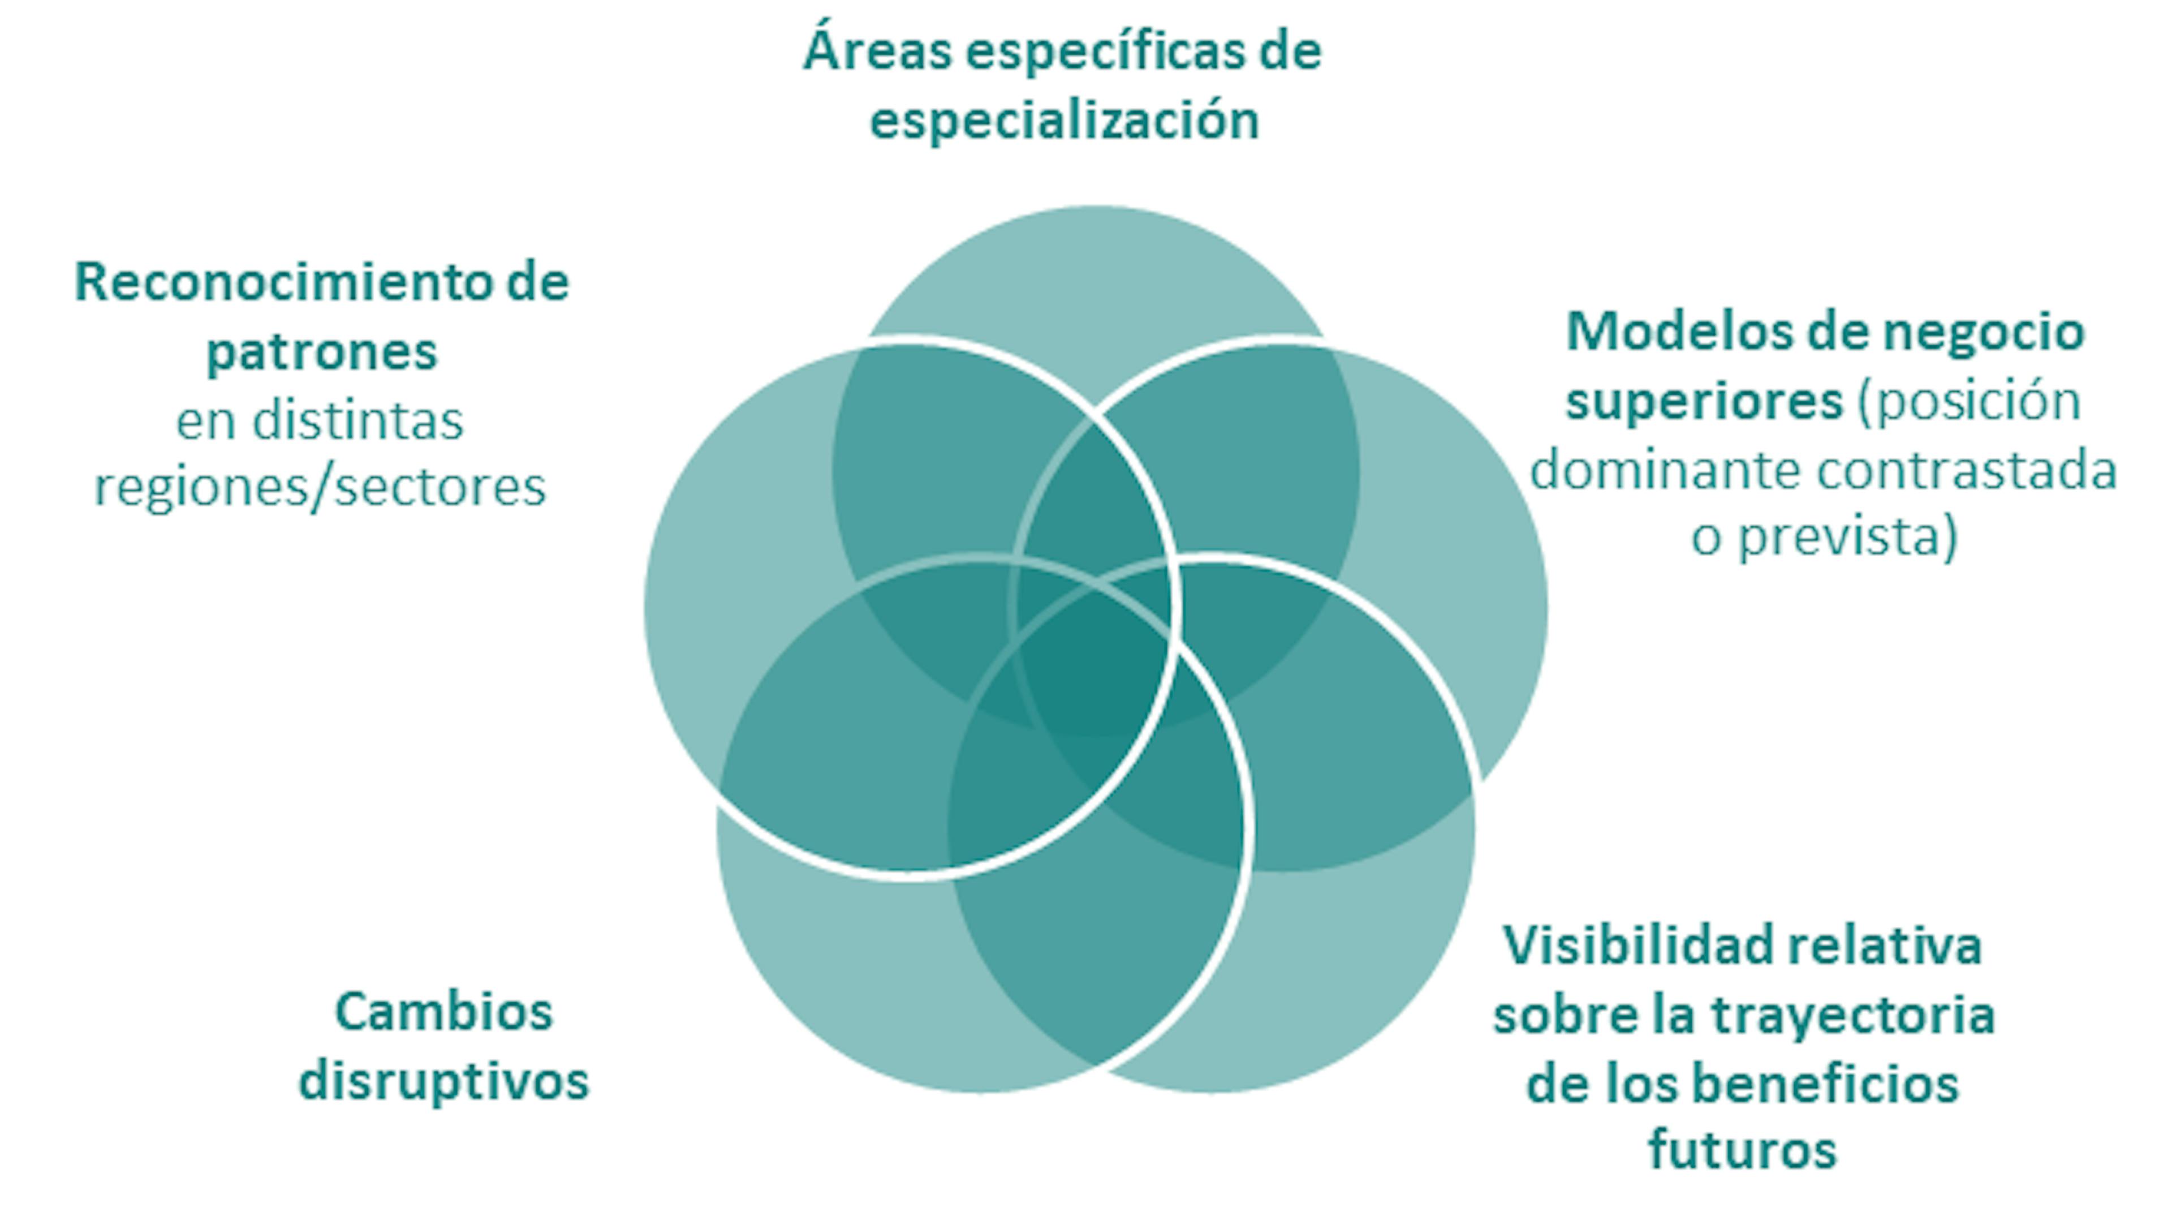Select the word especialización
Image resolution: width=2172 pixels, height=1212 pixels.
pyautogui.click(x=1064, y=120)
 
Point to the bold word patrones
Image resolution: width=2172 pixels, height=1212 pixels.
pyautogui.click(x=322, y=351)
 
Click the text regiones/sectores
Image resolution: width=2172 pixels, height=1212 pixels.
pyautogui.click(x=320, y=488)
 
